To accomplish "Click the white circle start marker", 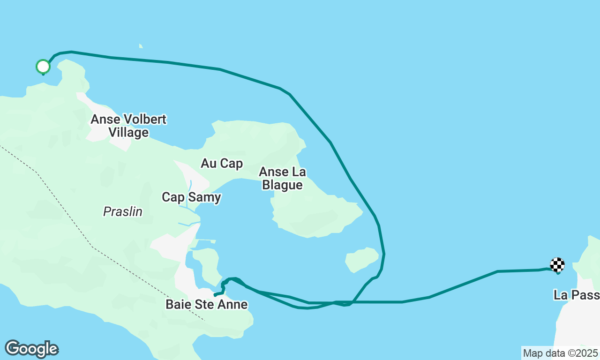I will [x=43, y=67].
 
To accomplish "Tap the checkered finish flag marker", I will [x=557, y=265].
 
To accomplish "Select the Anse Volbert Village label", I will [x=128, y=126].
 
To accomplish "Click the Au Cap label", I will [x=222, y=163].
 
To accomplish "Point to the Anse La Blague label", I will [x=282, y=178].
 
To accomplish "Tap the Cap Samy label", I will [x=191, y=197].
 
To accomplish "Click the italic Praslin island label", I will [x=123, y=212].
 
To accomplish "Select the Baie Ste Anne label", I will [x=206, y=305].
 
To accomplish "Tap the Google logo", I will [x=32, y=349].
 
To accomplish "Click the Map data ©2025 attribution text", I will [x=560, y=353].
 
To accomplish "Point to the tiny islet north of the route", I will [x=141, y=46].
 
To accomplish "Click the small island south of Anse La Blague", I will [x=361, y=259].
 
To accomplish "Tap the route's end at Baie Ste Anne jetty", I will [x=215, y=295].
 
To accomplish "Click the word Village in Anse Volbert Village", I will [x=128, y=133].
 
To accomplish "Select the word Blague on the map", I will [x=282, y=185].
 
